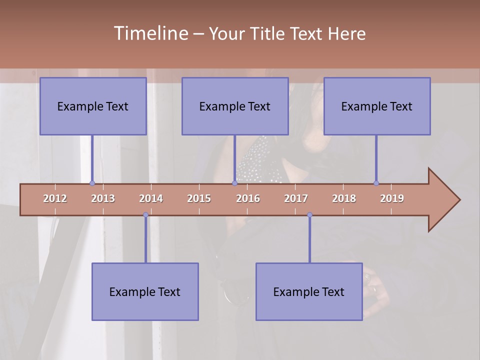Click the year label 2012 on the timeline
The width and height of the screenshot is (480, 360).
click(55, 198)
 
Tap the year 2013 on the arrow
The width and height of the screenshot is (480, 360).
click(103, 198)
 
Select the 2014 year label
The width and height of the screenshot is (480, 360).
click(151, 198)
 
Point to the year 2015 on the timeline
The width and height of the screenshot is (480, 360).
click(199, 198)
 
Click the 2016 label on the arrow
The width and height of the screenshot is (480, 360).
click(248, 198)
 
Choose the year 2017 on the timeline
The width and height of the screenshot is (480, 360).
click(296, 198)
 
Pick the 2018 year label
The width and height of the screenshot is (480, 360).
click(344, 198)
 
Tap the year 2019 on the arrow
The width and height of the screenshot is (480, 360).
click(392, 198)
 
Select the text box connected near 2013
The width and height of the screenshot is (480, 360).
click(93, 106)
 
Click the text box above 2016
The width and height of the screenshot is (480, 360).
click(235, 106)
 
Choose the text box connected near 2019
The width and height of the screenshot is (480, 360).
click(377, 106)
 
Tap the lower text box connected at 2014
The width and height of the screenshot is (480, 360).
click(145, 291)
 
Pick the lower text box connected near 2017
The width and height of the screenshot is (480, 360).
click(309, 291)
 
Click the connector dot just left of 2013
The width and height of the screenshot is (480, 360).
click(92, 183)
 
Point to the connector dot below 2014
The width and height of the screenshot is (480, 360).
click(145, 215)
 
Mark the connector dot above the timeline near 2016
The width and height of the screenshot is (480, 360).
click(234, 183)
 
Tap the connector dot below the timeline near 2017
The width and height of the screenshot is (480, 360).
click(309, 215)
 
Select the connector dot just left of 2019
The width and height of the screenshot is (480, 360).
click(376, 183)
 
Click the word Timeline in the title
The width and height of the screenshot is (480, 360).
click(150, 33)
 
